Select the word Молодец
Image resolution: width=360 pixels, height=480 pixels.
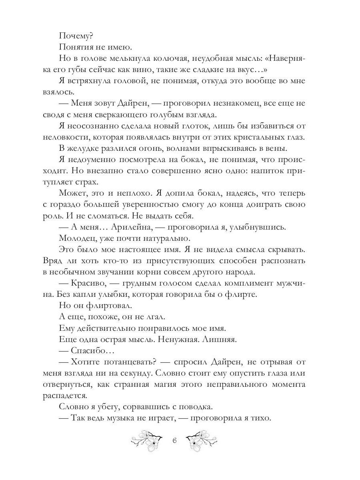76,239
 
